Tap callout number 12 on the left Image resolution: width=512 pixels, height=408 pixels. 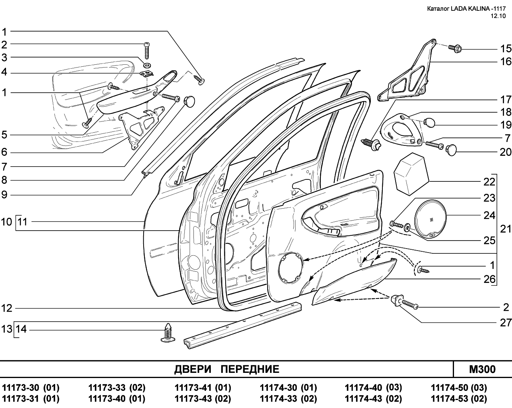pos(7,308)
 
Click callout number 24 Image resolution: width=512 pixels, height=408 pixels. pos(489,215)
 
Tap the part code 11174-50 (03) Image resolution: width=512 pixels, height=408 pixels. pos(458,388)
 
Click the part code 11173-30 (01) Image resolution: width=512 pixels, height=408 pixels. pos(31,388)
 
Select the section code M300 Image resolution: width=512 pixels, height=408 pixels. pos(482,369)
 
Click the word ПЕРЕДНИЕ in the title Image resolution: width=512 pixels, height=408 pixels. pos(250,369)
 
